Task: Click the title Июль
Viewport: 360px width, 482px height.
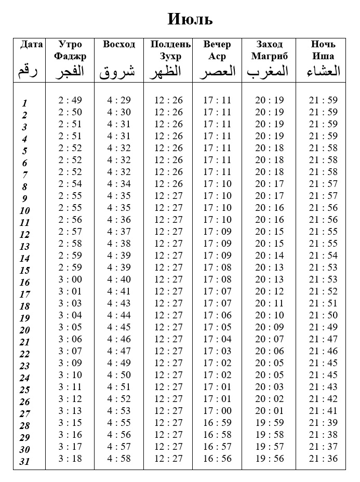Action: click(x=190, y=20)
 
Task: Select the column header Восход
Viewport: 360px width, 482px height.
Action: click(x=119, y=44)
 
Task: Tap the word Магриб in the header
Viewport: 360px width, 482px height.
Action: click(x=269, y=56)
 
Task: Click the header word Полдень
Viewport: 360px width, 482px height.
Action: click(x=171, y=44)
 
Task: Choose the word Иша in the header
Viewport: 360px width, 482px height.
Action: click(x=323, y=56)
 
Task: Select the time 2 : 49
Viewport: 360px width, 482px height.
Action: click(x=70, y=100)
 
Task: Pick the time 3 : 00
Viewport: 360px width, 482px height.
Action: click(x=70, y=279)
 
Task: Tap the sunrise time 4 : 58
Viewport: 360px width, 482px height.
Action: click(x=119, y=459)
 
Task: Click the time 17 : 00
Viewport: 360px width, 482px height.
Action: click(x=217, y=411)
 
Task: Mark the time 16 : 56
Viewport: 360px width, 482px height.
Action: click(x=217, y=459)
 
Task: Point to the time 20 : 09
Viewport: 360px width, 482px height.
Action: click(x=269, y=327)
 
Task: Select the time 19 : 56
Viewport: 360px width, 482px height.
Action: click(x=269, y=459)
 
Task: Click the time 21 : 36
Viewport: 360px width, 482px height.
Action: click(x=323, y=459)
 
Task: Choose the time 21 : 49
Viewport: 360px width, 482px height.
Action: click(x=323, y=327)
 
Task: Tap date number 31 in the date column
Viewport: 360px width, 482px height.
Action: click(x=25, y=462)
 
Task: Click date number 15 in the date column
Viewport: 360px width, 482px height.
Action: click(x=25, y=271)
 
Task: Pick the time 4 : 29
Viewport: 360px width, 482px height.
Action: click(x=119, y=100)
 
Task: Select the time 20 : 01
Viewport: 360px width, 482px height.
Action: click(x=269, y=411)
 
